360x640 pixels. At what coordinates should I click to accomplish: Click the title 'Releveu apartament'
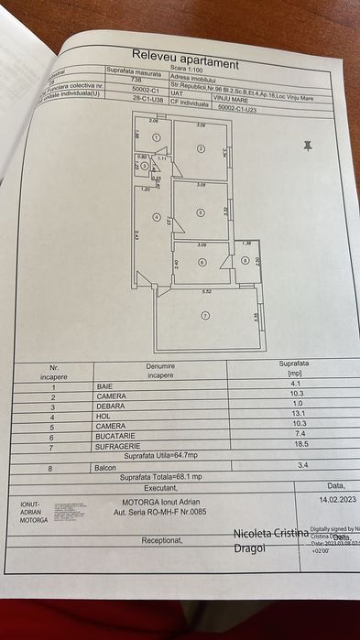coord(185,59)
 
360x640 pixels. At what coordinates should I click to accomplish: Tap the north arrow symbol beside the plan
coord(308,145)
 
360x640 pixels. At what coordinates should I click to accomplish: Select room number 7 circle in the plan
coord(205,315)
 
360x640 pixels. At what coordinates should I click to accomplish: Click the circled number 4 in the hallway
coord(158,218)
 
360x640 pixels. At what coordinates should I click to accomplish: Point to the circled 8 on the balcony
coord(245,261)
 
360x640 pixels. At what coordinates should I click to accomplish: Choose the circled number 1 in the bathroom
coord(158,138)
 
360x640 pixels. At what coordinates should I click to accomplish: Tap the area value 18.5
coord(292,443)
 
